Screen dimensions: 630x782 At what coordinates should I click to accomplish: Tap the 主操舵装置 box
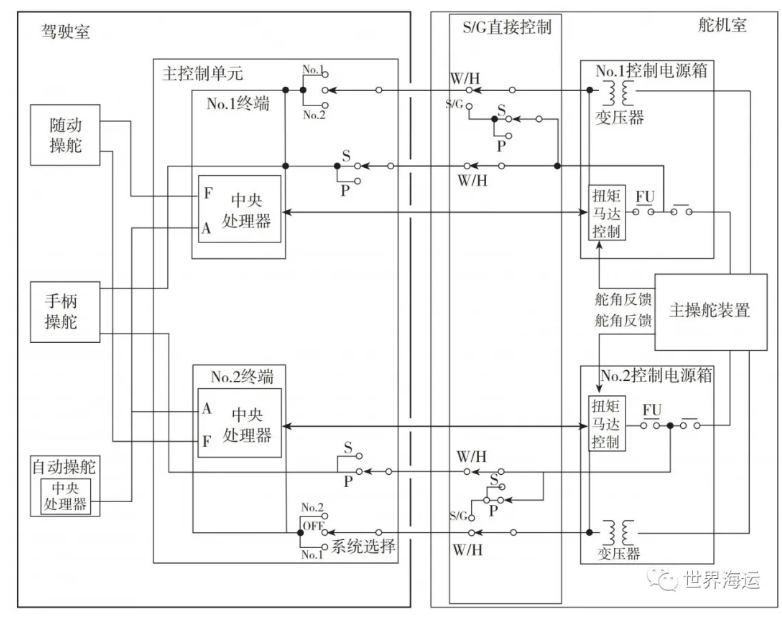(x=710, y=310)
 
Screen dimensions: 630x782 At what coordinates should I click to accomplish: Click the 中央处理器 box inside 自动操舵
(x=66, y=496)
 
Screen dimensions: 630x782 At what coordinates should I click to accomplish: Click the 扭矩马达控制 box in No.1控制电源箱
(x=606, y=211)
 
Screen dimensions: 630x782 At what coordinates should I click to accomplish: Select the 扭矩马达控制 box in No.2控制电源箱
(x=606, y=423)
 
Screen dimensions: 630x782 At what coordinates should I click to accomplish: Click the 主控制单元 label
(x=202, y=74)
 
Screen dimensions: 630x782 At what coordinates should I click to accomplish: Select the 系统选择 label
(x=364, y=547)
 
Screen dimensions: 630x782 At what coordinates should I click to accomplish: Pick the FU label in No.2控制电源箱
(x=652, y=410)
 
